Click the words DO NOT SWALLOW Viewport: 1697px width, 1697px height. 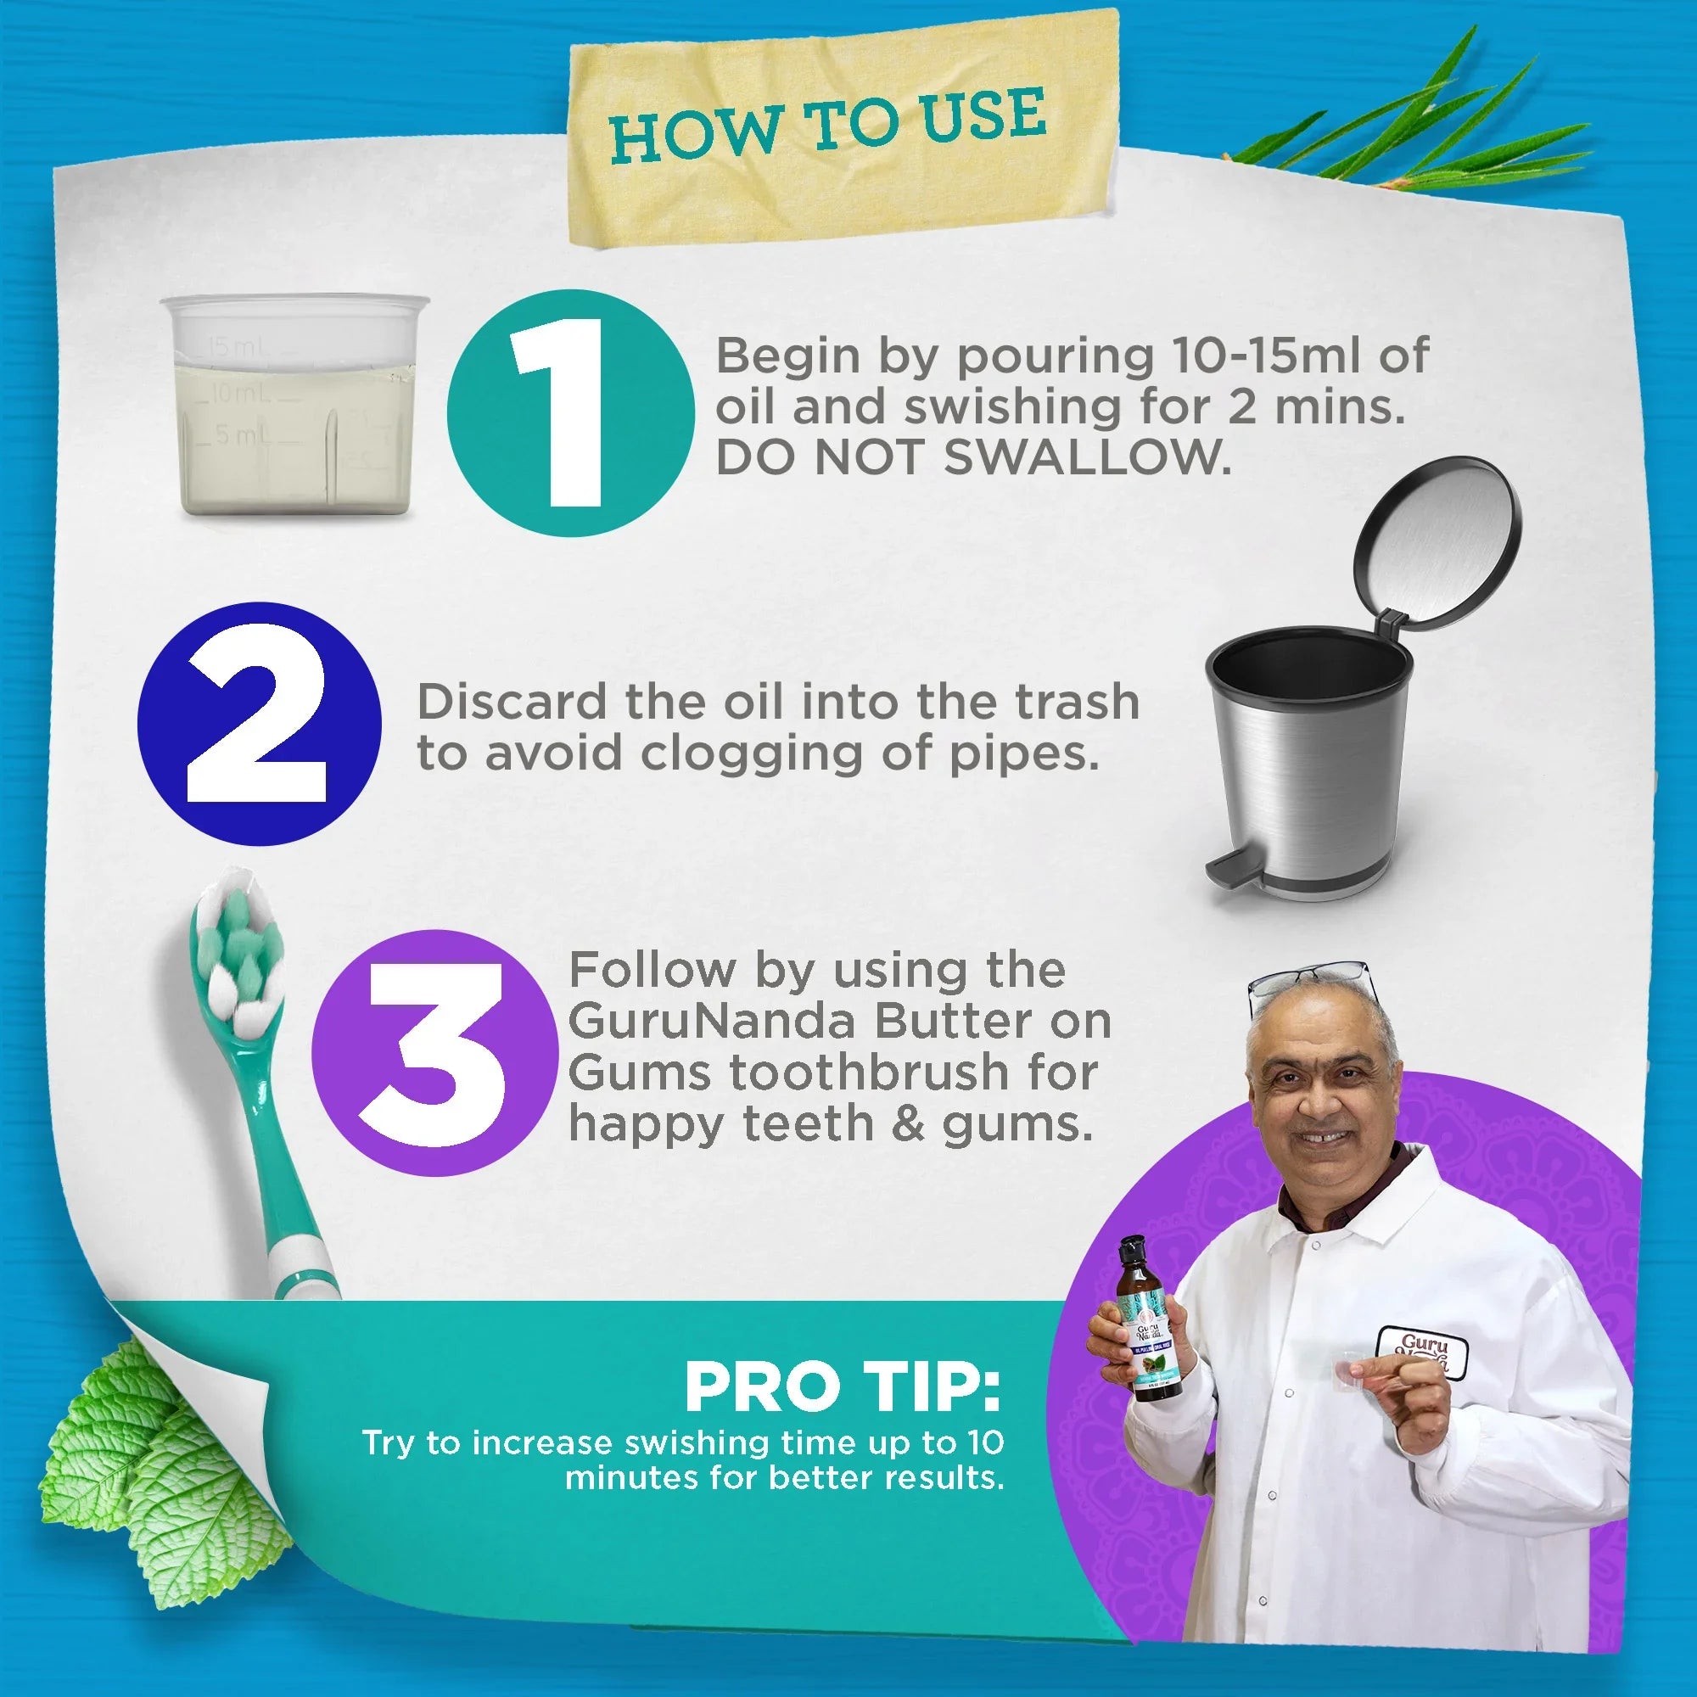pos(973,458)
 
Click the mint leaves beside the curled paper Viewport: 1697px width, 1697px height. pos(158,1458)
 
